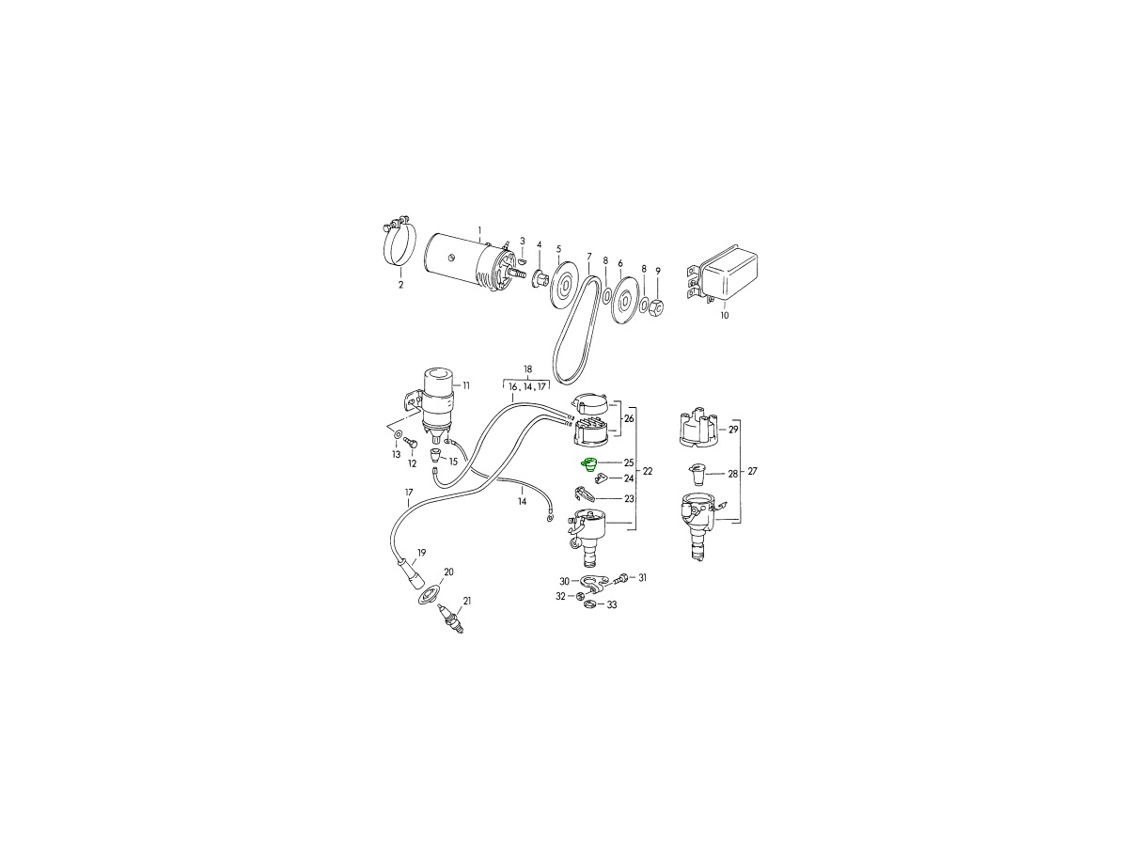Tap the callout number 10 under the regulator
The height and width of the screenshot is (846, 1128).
click(724, 316)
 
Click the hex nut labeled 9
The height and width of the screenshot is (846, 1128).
click(657, 306)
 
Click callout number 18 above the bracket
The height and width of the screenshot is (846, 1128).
click(527, 368)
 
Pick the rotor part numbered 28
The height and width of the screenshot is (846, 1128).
click(696, 475)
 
